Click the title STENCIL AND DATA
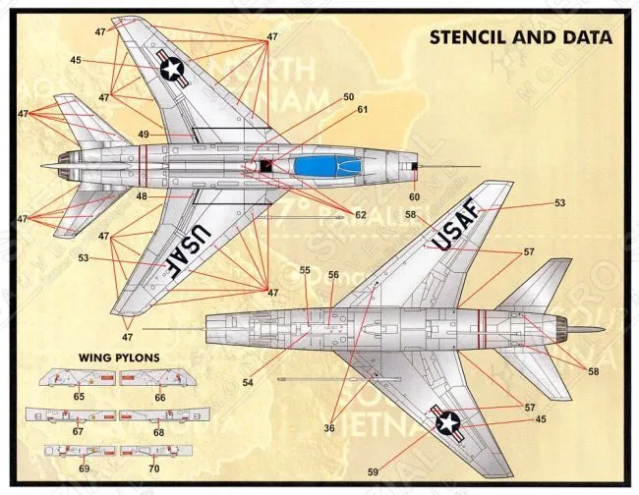(520, 38)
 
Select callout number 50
(349, 97)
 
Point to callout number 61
(362, 110)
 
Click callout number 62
(361, 215)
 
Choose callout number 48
(142, 197)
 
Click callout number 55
(305, 270)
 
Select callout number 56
(333, 275)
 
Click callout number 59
(373, 472)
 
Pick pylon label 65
(78, 396)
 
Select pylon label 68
(158, 432)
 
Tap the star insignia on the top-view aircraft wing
(172, 68)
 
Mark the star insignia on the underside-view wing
(447, 423)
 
